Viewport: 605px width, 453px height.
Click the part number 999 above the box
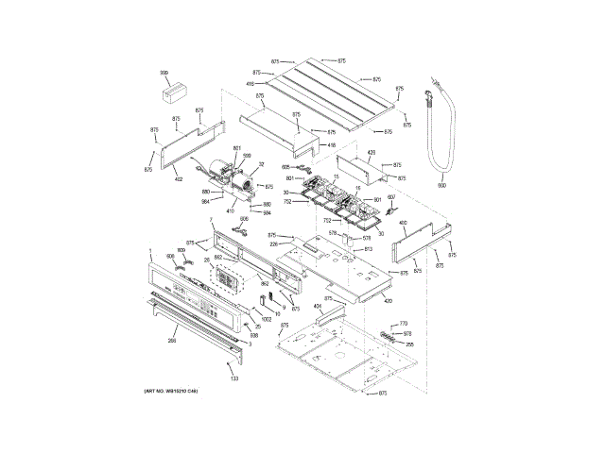tap(164, 73)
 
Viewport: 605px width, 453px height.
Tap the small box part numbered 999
tap(172, 93)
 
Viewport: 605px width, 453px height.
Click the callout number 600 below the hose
tap(441, 185)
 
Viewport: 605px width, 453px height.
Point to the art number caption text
tap(171, 391)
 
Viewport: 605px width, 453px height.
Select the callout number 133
tap(234, 377)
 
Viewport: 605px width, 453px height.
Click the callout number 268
tap(172, 340)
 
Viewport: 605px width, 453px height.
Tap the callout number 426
tap(372, 152)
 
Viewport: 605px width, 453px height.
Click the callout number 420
tap(388, 300)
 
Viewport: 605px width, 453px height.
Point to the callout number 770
tap(403, 324)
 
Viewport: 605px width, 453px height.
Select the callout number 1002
tap(267, 320)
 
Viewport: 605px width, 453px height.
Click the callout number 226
tap(274, 243)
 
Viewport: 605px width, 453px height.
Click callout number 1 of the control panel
tap(150, 251)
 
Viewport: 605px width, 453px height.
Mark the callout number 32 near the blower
tap(261, 164)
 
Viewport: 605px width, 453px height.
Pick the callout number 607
tap(391, 196)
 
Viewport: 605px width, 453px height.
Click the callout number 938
tap(253, 335)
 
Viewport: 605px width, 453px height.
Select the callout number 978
tap(407, 334)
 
